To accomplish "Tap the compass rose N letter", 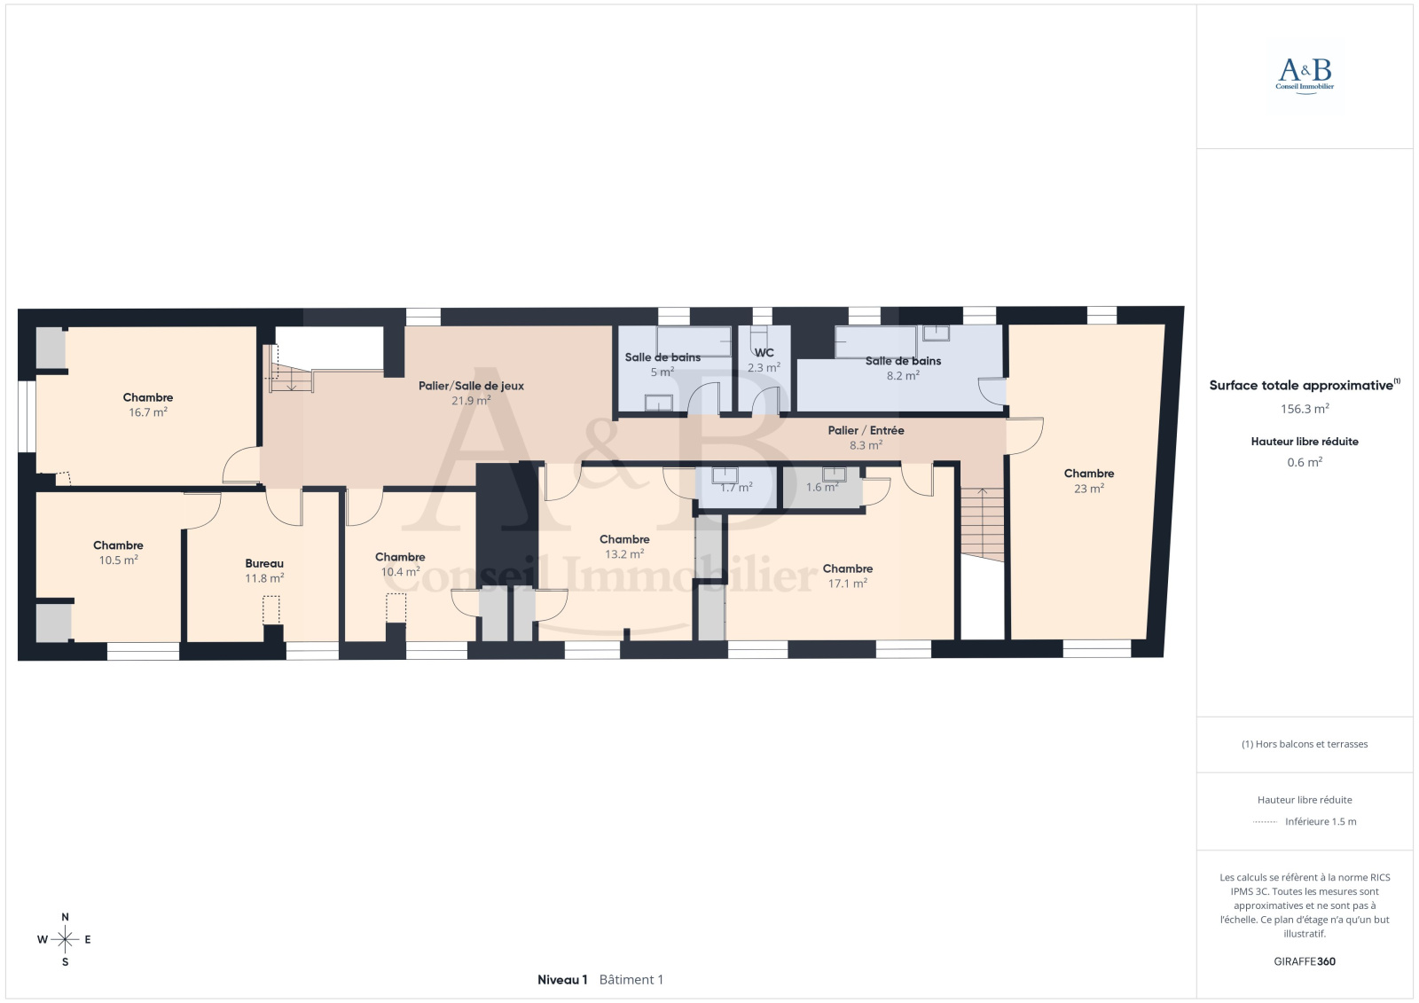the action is (x=66, y=917).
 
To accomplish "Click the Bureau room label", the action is (x=264, y=563).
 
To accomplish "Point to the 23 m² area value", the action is (x=1089, y=489).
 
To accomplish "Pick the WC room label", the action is (x=764, y=353).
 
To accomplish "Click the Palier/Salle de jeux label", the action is (x=471, y=386).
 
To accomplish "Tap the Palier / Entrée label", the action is (x=866, y=430).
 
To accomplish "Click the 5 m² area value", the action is (x=662, y=372).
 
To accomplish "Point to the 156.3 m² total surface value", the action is (x=1305, y=409).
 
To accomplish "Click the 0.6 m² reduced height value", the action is (x=1305, y=462).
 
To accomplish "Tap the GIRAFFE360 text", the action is (x=1305, y=961).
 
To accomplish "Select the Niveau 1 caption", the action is (x=562, y=980).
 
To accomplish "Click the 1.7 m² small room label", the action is (x=736, y=487).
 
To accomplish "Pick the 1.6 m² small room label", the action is (x=822, y=487).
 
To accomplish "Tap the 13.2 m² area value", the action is (x=624, y=553).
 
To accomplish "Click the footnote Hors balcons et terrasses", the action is (x=1305, y=744).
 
